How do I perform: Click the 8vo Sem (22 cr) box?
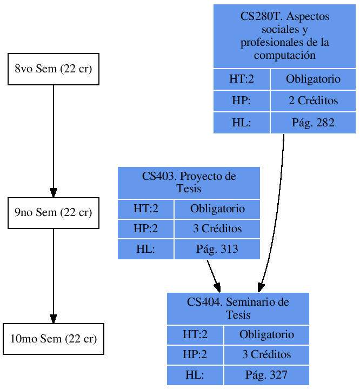click(x=53, y=69)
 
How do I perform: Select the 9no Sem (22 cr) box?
click(x=53, y=213)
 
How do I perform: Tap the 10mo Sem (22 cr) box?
click(x=53, y=339)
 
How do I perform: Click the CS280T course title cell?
click(x=284, y=36)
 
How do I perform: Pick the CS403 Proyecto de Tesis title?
click(x=189, y=183)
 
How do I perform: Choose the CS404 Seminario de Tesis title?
click(x=238, y=308)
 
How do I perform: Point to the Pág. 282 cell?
click(x=313, y=123)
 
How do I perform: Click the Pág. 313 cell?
click(x=217, y=249)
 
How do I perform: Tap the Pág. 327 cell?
click(x=266, y=375)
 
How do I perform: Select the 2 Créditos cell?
click(x=313, y=100)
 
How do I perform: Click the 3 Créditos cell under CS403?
click(x=217, y=228)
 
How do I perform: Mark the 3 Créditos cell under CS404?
click(x=266, y=354)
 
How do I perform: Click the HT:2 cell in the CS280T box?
click(x=241, y=79)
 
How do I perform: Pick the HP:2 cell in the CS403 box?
click(x=145, y=228)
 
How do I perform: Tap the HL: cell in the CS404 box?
click(x=195, y=375)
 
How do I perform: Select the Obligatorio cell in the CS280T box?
click(x=313, y=79)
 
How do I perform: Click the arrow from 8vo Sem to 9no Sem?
click(x=53, y=140)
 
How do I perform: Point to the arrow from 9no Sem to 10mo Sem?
click(x=53, y=275)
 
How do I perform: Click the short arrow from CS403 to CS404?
click(x=213, y=275)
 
